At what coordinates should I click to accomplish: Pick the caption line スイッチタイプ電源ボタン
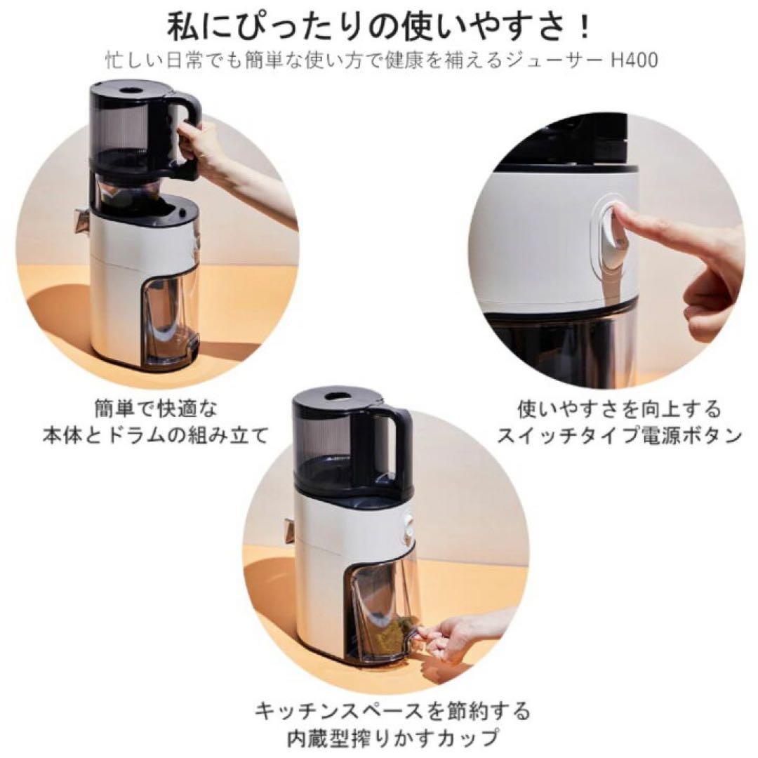619,436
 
